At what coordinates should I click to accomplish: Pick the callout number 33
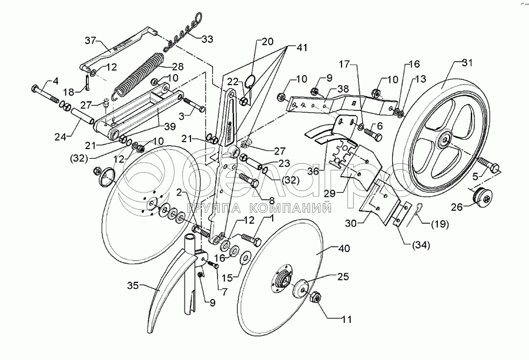click(207, 39)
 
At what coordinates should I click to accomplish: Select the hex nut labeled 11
click(314, 298)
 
